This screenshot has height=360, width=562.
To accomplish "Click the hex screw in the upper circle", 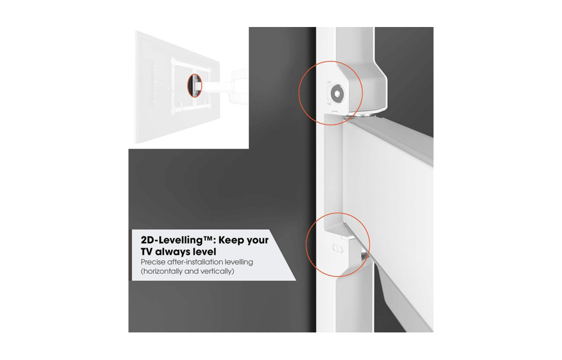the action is pyautogui.click(x=337, y=94).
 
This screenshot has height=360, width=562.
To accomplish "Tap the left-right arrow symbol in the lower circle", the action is pyautogui.click(x=338, y=248).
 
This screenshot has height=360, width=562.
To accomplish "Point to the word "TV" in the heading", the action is pyautogui.click(x=147, y=251).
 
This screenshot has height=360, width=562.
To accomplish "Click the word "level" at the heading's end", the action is pyautogui.click(x=204, y=251).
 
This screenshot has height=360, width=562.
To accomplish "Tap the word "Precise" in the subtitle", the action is pyautogui.click(x=153, y=262).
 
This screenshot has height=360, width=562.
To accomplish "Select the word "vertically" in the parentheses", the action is pyautogui.click(x=215, y=272).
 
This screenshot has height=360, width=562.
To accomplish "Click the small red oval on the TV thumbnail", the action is pyautogui.click(x=194, y=85).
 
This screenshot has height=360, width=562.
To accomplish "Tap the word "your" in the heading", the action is pyautogui.click(x=258, y=241).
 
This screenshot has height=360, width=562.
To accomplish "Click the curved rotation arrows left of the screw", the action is pyautogui.click(x=328, y=94).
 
